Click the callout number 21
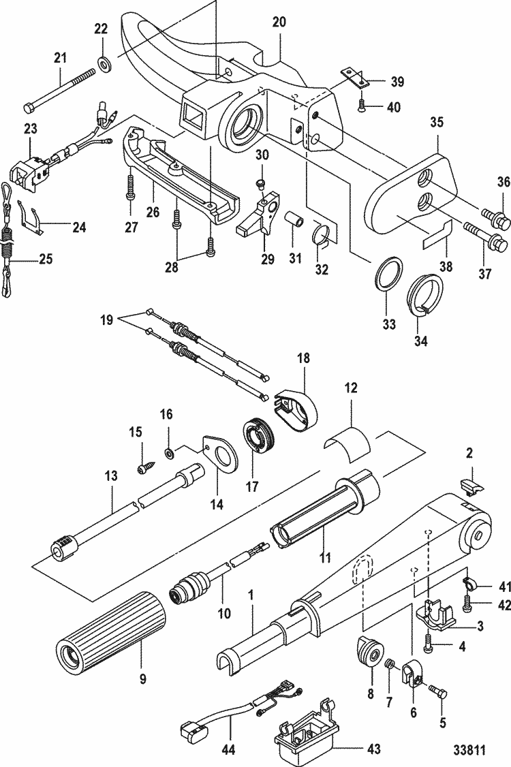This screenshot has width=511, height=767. click(61, 59)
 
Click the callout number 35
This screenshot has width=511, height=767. click(436, 123)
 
